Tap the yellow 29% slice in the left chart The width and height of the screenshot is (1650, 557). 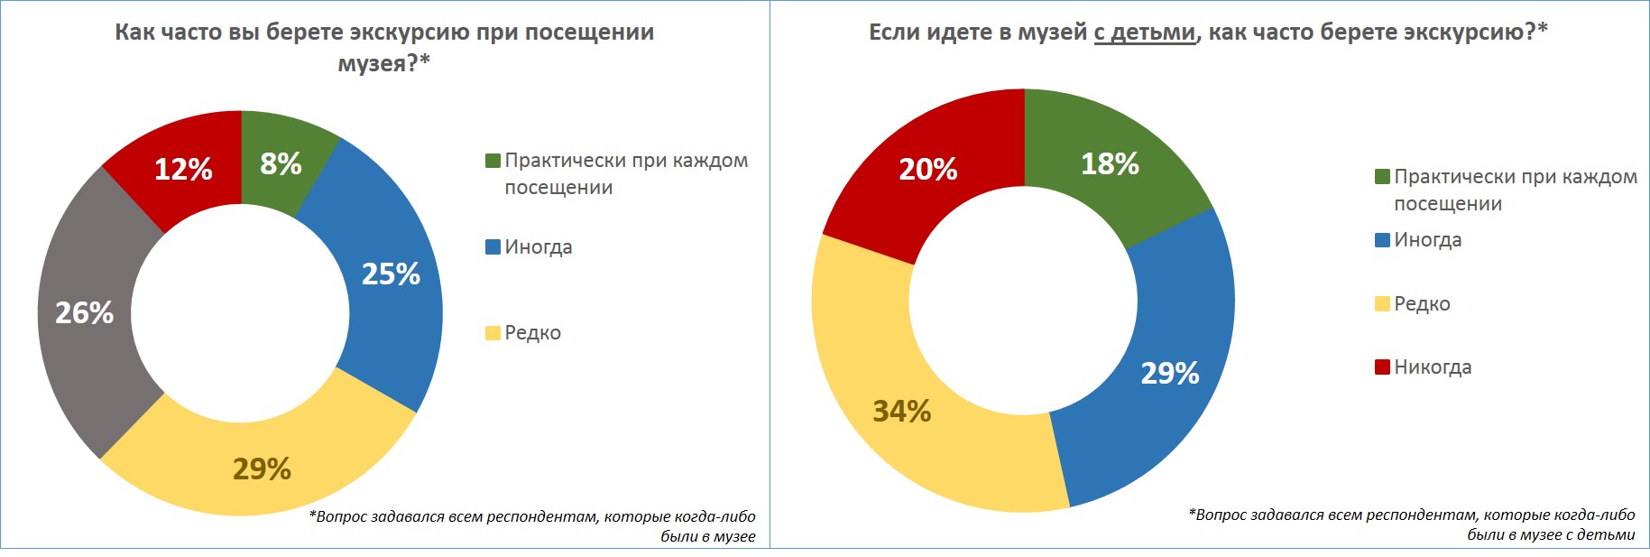point(262,469)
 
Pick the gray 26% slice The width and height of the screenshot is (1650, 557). point(85,312)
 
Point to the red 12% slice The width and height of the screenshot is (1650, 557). point(183,169)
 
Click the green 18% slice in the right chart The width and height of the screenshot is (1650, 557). point(1110,163)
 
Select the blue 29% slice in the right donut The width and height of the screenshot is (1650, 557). point(1170,373)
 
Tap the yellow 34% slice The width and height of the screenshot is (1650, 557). point(901,411)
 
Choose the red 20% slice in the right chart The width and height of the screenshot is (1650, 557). point(927,169)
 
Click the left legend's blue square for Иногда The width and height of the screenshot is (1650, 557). point(493,246)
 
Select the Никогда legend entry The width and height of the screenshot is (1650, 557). point(1433,367)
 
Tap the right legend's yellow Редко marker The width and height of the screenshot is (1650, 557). point(1382,303)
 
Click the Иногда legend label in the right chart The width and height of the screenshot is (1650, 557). point(1427,240)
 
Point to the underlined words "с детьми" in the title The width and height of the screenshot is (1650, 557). point(1144,32)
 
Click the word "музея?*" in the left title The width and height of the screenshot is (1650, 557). point(383,63)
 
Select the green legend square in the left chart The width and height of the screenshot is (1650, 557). point(493,161)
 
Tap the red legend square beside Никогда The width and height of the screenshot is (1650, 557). point(1382,367)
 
